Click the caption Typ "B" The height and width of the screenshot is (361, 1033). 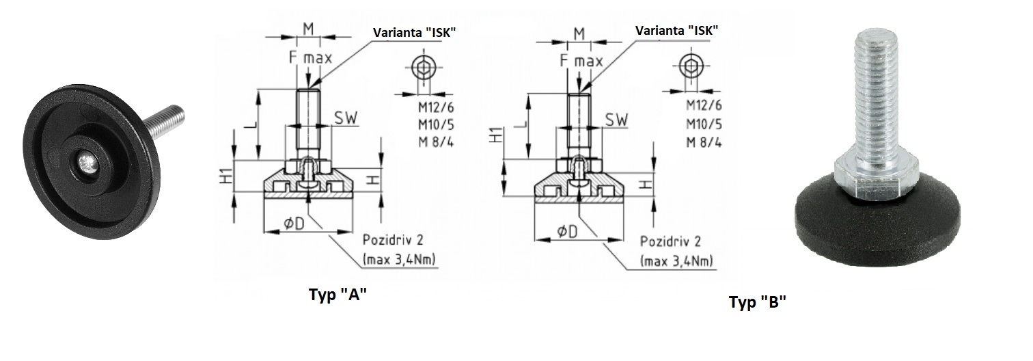(x=757, y=303)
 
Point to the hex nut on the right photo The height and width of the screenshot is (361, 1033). (x=868, y=176)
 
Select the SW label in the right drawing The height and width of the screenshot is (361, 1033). (x=616, y=119)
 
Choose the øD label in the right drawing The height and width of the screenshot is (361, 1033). (x=566, y=230)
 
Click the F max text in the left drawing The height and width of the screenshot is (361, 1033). (x=309, y=58)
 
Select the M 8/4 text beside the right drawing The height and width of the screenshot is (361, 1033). (x=704, y=142)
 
